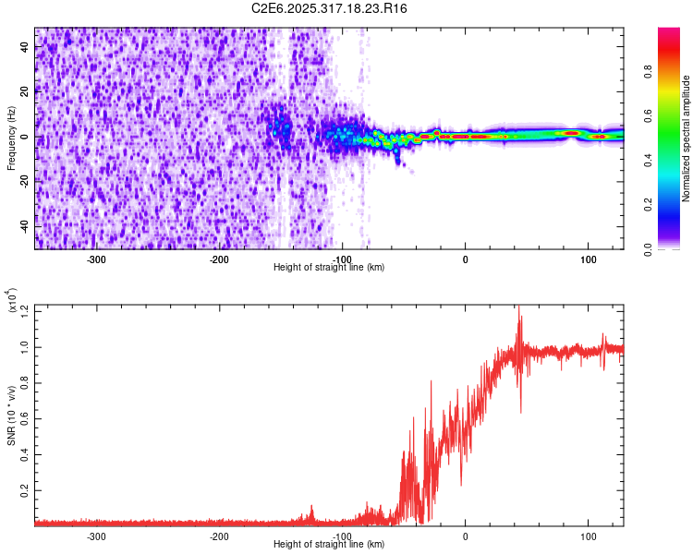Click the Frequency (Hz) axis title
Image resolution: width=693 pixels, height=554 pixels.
(x=12, y=138)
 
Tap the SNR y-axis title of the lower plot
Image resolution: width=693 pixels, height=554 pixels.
(x=12, y=415)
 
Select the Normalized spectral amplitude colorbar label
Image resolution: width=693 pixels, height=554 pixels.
(x=687, y=138)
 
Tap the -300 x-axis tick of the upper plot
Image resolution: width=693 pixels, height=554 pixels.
(x=97, y=259)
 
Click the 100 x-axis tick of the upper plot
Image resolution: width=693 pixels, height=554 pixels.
(x=588, y=259)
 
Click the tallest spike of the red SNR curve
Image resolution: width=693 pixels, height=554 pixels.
(x=519, y=308)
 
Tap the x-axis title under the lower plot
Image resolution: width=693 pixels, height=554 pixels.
(x=329, y=545)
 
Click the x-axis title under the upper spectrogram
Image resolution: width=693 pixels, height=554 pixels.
(x=329, y=268)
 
